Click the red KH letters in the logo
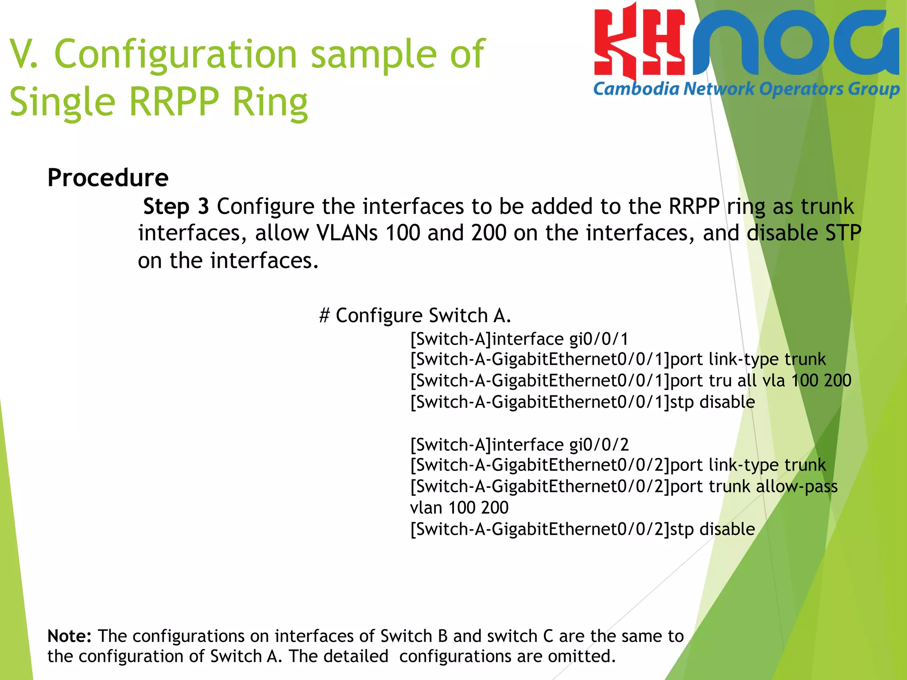pos(639,44)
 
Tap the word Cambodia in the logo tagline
pos(636,89)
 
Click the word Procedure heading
pos(108,178)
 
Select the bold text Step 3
pos(176,206)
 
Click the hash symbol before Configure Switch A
pos(325,316)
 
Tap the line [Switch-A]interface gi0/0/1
pos(519,339)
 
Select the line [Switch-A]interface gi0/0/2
pos(519,444)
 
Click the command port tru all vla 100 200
pos(760,381)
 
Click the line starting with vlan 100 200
pos(459,508)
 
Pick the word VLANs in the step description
pos(347,233)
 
